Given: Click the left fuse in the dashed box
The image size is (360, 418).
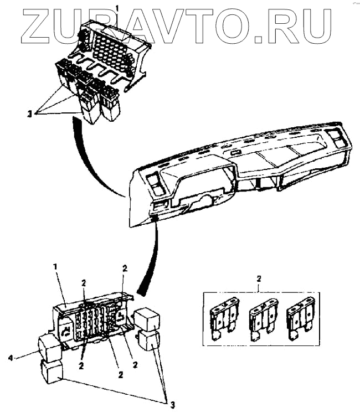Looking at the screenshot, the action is [224, 320].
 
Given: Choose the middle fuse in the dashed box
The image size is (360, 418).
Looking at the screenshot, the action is [263, 320].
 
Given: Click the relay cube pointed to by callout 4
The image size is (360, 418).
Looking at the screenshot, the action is [49, 348].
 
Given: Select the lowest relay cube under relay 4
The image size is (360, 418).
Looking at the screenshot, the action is [51, 371].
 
